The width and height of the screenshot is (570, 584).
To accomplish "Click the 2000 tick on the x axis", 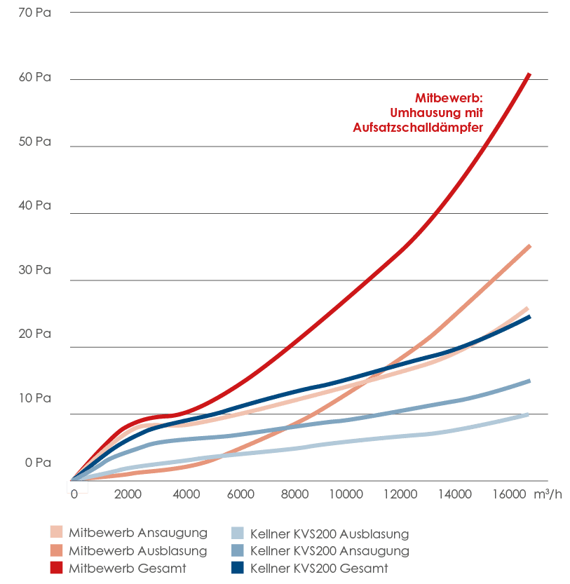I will tap(128, 494).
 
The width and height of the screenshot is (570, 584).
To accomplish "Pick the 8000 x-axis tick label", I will tap(294, 494).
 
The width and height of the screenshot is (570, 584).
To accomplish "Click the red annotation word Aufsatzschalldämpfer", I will tap(419, 127).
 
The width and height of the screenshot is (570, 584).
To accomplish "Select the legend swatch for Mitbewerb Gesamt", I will tap(57, 569).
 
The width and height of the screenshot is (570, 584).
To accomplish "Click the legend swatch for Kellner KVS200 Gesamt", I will tap(238, 569).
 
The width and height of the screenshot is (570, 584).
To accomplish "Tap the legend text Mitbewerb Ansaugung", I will tap(137, 534).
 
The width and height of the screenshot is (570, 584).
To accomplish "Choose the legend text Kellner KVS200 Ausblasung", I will tap(329, 534).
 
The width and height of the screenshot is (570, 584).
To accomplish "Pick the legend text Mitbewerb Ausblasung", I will tap(137, 551).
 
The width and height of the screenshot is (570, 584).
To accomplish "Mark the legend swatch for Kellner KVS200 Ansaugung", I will tap(238, 551).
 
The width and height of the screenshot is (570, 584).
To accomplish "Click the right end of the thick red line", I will tap(529, 74).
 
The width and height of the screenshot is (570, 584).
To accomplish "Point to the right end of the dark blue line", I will tap(529, 317).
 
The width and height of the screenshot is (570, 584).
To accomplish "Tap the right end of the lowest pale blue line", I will tap(527, 414).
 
